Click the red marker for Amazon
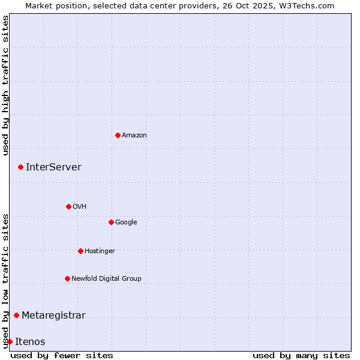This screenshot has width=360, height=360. (118, 135)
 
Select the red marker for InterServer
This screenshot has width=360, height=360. (20, 167)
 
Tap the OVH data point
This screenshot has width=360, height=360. (68, 206)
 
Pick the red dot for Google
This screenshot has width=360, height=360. (111, 222)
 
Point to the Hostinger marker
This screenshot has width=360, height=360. (80, 251)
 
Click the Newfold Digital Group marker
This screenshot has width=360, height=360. (67, 278)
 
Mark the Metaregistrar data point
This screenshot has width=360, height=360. (16, 315)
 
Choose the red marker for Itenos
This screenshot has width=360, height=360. (10, 341)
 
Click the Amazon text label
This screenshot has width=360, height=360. (134, 136)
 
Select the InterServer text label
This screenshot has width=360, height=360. (53, 167)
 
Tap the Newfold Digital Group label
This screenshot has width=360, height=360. (106, 278)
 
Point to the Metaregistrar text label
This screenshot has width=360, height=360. (53, 316)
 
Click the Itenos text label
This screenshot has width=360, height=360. (30, 342)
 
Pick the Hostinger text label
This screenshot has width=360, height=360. (100, 251)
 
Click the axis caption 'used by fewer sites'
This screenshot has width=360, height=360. (62, 355)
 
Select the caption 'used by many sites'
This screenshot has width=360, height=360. (301, 355)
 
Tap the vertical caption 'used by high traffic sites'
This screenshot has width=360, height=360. (6, 85)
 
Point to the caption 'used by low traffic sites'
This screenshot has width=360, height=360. (6, 281)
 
